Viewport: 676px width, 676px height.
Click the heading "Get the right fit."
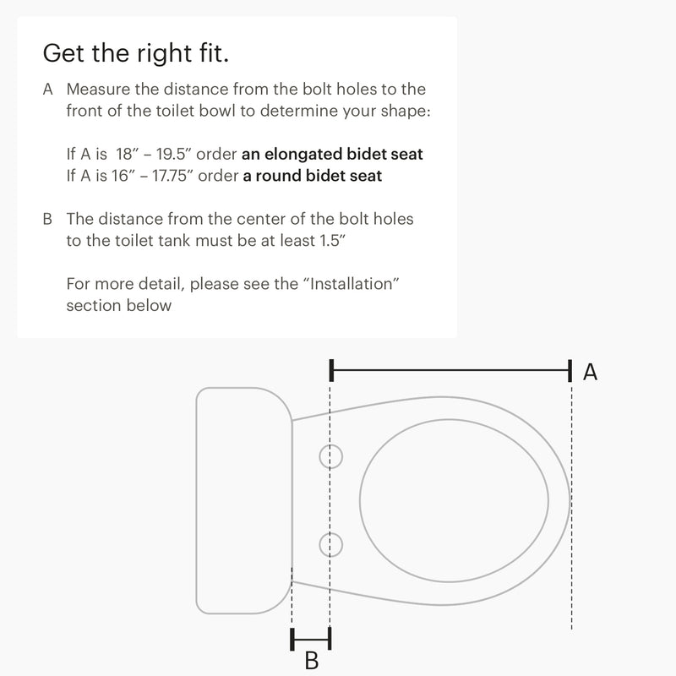[136, 53]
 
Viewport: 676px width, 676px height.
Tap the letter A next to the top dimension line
[590, 372]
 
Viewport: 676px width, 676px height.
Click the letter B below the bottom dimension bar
[312, 661]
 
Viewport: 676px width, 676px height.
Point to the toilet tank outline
[197, 500]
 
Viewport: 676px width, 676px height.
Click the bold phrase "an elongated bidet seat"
[332, 154]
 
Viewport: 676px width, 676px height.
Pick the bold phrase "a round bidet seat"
[312, 176]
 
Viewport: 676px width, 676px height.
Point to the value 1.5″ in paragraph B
[332, 241]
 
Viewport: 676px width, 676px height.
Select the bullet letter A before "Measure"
[48, 90]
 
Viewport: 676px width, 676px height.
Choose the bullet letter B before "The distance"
[47, 219]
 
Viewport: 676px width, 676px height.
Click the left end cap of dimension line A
[331, 370]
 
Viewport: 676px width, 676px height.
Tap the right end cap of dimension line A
[570, 371]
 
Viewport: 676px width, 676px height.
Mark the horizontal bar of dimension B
[311, 639]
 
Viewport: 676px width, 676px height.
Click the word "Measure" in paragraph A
[98, 90]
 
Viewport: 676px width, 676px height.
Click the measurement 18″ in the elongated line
[125, 154]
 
